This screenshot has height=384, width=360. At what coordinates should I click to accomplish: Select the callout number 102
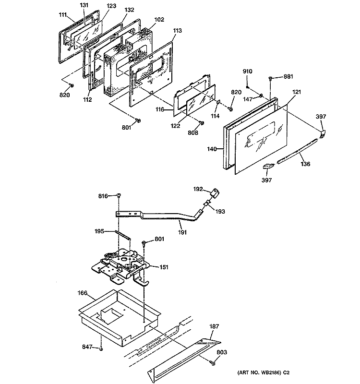159,20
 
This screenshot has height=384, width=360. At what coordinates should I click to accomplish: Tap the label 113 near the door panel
178,30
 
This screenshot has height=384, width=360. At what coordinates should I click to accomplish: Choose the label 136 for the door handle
305,164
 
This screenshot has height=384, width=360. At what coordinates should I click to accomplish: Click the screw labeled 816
119,195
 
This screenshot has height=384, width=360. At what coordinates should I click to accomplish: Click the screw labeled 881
271,77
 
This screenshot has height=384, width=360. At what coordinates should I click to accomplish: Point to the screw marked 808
201,123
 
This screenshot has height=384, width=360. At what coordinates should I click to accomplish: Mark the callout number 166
83,292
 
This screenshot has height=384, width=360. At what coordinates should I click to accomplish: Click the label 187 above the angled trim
214,326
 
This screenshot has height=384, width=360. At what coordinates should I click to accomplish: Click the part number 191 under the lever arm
183,232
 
